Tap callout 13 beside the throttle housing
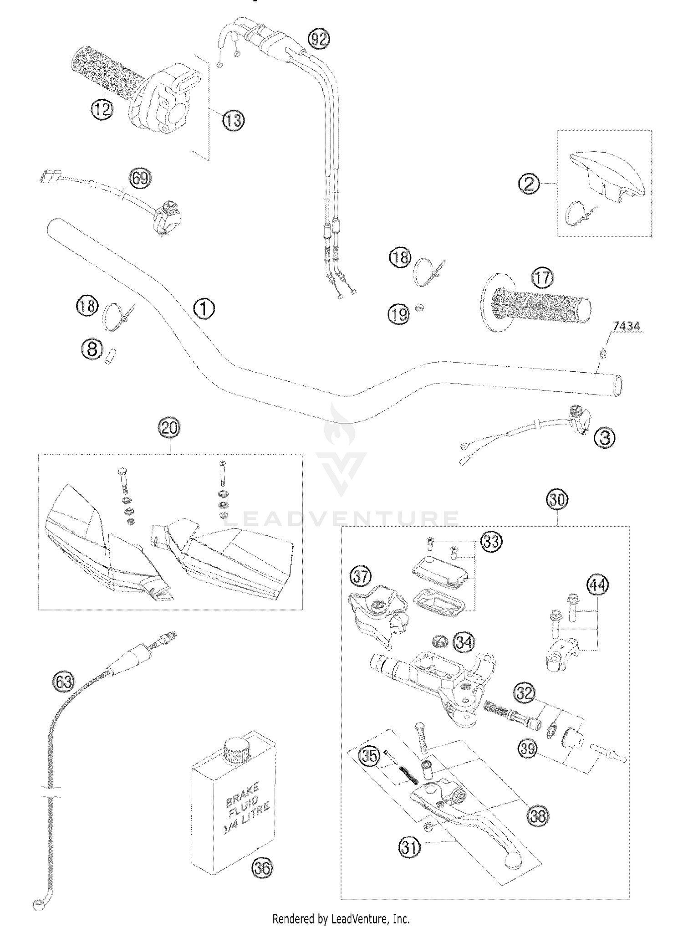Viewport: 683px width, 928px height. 233,121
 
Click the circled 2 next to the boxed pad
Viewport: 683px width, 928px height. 529,184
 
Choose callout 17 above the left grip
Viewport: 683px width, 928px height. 542,278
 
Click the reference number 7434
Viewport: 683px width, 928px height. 626,326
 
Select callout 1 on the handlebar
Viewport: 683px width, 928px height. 204,309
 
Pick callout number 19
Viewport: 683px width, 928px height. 399,314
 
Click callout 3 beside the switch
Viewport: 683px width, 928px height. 605,438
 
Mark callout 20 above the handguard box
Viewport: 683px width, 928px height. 169,429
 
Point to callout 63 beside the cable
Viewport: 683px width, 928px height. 63,682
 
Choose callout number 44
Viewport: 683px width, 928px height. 597,584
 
